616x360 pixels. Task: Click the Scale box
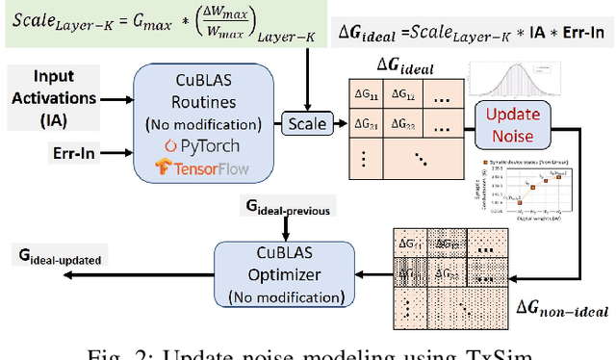pos(305,123)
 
